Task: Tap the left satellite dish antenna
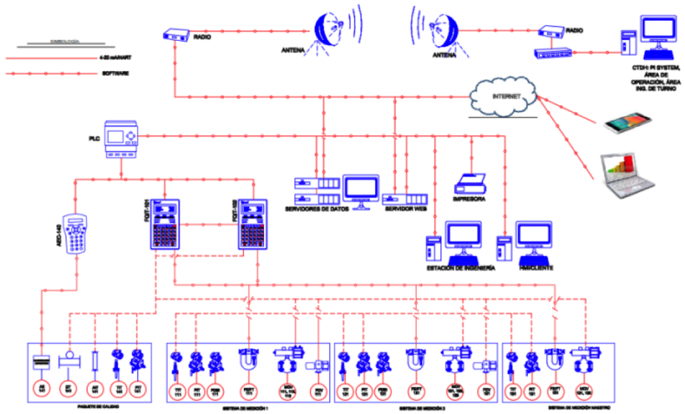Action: [330, 28]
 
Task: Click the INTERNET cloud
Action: [504, 97]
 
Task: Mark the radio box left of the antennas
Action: [176, 34]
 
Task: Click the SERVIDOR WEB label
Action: [405, 209]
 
